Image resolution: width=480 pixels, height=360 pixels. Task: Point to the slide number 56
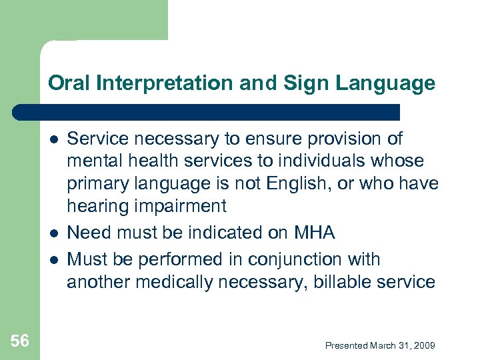click(20, 341)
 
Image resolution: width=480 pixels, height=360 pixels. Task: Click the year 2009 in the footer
click(424, 345)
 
